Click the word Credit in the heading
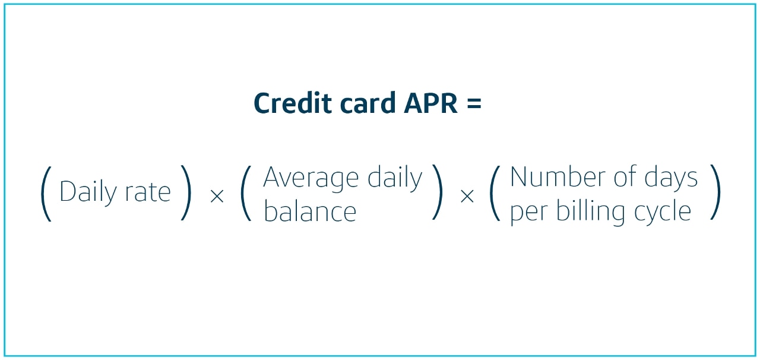coord(293,103)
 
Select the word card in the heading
coord(368,103)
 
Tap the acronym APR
coord(430,103)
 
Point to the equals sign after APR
coord(474,103)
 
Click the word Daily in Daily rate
coord(88,192)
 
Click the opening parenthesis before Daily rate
coord(46,194)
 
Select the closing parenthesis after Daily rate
coord(186,192)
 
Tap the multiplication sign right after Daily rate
coord(217,196)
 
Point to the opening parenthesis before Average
coord(246,193)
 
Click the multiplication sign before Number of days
coord(467,196)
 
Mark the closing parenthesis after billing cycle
coord(715,192)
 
